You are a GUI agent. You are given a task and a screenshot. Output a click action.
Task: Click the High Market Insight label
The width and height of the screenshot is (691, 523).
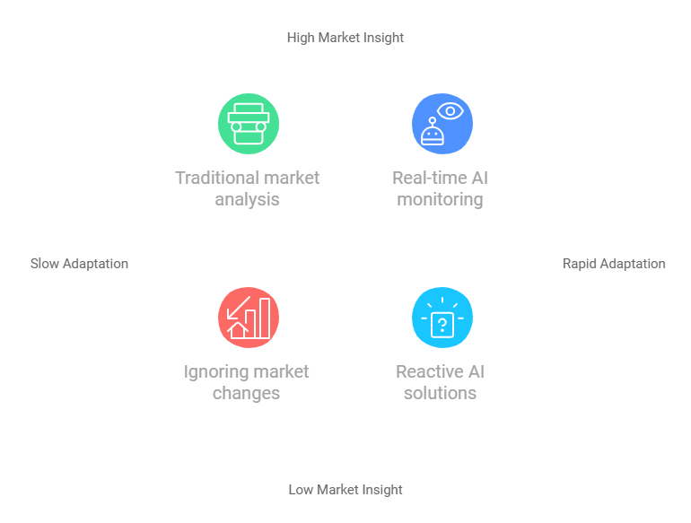tap(345, 38)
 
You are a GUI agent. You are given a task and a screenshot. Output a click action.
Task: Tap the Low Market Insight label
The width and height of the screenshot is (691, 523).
tap(345, 490)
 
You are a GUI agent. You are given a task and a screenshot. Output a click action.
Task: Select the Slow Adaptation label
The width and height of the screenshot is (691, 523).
tap(79, 264)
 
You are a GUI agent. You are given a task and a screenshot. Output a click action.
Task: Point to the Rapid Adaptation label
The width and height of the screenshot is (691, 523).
tap(614, 264)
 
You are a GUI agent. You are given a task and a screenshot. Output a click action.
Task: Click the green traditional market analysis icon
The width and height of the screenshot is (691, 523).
tap(249, 124)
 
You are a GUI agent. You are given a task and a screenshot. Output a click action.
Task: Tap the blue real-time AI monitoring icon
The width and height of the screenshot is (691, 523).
tap(442, 124)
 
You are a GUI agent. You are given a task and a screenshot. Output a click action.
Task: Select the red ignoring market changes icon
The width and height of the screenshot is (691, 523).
tap(249, 318)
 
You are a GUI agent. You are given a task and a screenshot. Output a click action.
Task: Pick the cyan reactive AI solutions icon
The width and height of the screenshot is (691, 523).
tap(442, 318)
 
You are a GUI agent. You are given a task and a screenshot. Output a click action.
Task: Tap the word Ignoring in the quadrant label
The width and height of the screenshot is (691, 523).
tap(214, 371)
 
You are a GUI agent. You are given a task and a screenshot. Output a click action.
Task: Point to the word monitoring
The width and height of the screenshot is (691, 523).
tap(440, 199)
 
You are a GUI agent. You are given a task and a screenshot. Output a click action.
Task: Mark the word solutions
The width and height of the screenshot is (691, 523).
tap(440, 393)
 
